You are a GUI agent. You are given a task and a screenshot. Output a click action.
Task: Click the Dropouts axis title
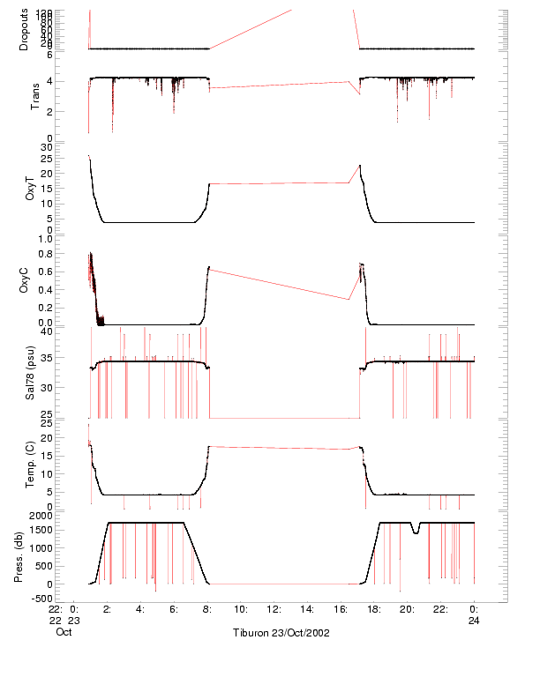pos(24,29)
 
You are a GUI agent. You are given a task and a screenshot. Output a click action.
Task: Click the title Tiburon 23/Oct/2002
pos(281,633)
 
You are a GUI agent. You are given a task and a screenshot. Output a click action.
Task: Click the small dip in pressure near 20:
pos(415,530)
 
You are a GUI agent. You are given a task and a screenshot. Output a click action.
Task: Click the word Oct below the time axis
pos(64,632)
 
